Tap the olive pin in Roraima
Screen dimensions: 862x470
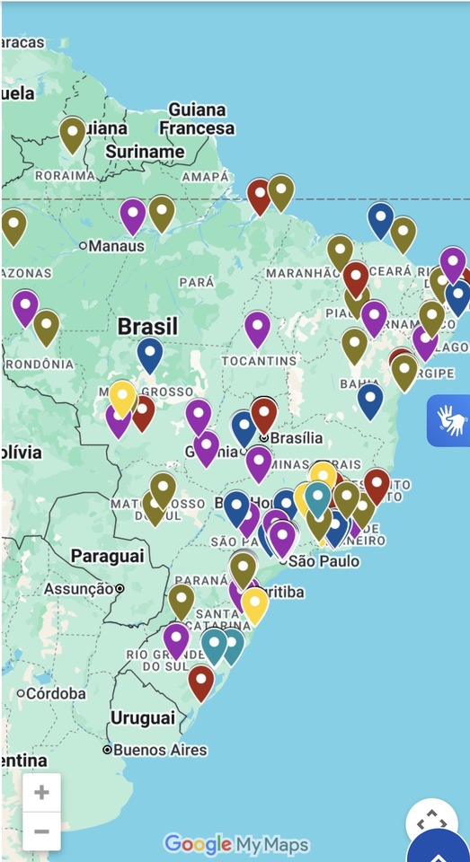point(73,134)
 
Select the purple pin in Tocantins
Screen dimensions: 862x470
point(258,328)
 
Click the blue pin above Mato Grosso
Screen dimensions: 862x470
point(150,354)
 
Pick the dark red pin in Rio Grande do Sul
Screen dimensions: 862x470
point(201,682)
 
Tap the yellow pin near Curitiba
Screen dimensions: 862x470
point(254,604)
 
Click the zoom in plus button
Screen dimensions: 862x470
point(41,793)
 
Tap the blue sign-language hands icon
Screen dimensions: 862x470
point(449,420)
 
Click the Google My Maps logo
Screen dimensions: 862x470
point(236,844)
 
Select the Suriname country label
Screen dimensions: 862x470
point(145,152)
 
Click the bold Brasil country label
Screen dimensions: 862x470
point(148,326)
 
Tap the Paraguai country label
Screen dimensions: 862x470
point(107,556)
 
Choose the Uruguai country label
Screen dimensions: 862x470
point(142,717)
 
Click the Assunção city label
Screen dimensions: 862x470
point(79,589)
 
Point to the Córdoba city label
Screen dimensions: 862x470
point(56,693)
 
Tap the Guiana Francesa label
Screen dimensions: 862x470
point(201,119)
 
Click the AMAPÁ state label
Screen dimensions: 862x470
point(205,177)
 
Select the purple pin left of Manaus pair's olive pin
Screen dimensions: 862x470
point(133,215)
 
